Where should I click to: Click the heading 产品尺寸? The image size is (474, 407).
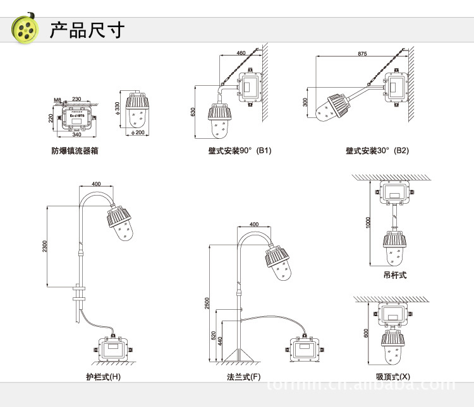pyautogui.click(x=87, y=30)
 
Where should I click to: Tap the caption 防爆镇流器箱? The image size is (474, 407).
pyautogui.click(x=75, y=151)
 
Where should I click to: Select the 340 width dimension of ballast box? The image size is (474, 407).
pyautogui.click(x=76, y=134)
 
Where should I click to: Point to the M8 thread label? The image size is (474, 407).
pyautogui.click(x=58, y=100)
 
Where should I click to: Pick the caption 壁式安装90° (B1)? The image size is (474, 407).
pyautogui.click(x=240, y=151)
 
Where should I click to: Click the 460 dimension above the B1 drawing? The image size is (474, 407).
pyautogui.click(x=241, y=54)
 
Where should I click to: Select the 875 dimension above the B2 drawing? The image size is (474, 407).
pyautogui.click(x=362, y=54)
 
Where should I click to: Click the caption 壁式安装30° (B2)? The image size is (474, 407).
pyautogui.click(x=377, y=151)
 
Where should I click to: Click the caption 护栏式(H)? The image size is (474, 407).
pyautogui.click(x=104, y=377)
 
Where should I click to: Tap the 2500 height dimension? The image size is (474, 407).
pyautogui.click(x=207, y=303)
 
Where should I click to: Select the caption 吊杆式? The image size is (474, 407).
pyautogui.click(x=395, y=276)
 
